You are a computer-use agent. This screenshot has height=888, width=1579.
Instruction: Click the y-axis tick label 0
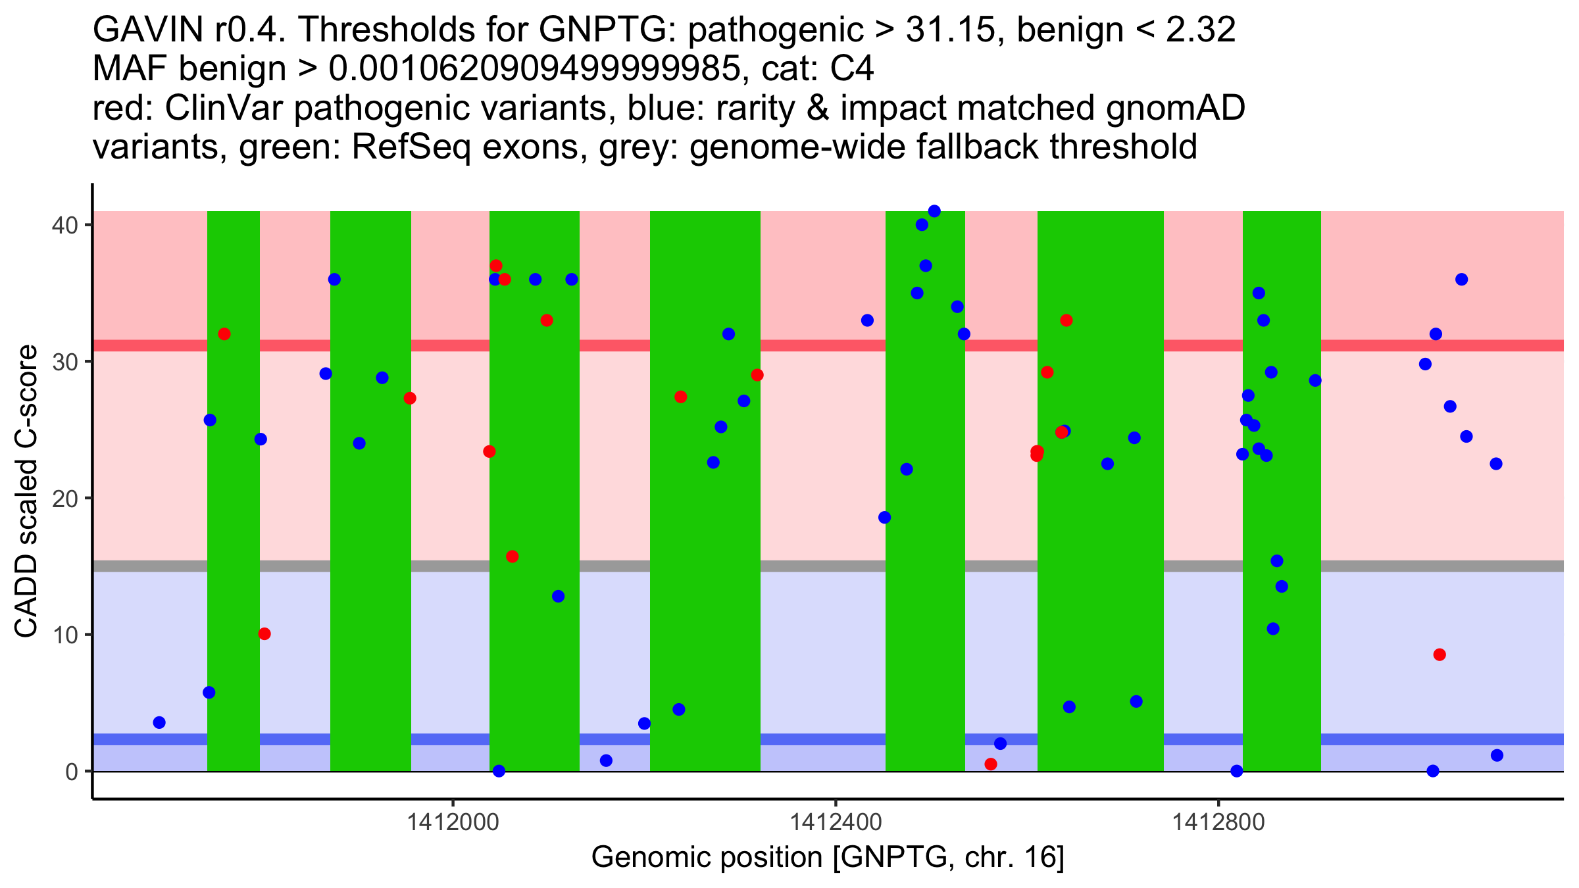point(71,771)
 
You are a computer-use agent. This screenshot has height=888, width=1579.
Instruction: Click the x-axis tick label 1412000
point(453,823)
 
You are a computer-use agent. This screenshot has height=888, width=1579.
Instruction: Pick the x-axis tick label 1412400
point(835,823)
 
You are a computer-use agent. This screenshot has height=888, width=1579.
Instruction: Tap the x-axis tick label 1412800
point(1218,823)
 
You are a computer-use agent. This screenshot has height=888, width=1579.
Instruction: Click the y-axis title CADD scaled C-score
point(26,491)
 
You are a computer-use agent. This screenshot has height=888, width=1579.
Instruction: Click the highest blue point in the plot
point(934,211)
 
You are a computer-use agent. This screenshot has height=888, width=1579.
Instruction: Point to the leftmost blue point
point(159,722)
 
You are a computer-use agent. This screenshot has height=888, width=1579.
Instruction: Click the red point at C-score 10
point(264,634)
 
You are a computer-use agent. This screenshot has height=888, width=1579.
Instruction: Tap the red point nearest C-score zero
point(991,764)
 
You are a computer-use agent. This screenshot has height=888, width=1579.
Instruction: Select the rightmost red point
point(1440,654)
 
